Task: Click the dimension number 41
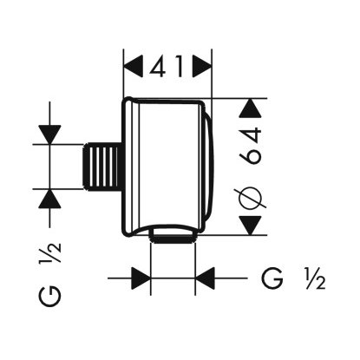(167, 67)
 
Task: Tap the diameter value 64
(251, 146)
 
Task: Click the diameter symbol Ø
(251, 199)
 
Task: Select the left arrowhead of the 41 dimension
(134, 66)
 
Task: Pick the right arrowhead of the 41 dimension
(202, 66)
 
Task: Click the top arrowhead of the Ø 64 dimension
(251, 108)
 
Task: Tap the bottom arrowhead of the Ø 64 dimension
(251, 226)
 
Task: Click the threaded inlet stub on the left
(101, 167)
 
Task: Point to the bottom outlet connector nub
(173, 235)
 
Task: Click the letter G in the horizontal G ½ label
(272, 278)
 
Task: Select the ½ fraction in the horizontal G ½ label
(316, 278)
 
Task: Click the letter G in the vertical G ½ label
(49, 296)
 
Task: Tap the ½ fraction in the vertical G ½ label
(49, 252)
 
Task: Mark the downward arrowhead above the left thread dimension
(49, 134)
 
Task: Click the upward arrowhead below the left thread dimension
(49, 199)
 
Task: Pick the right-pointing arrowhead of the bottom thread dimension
(141, 278)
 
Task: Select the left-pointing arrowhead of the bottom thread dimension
(205, 278)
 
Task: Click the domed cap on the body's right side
(208, 167)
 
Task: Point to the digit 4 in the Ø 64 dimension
(251, 136)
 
